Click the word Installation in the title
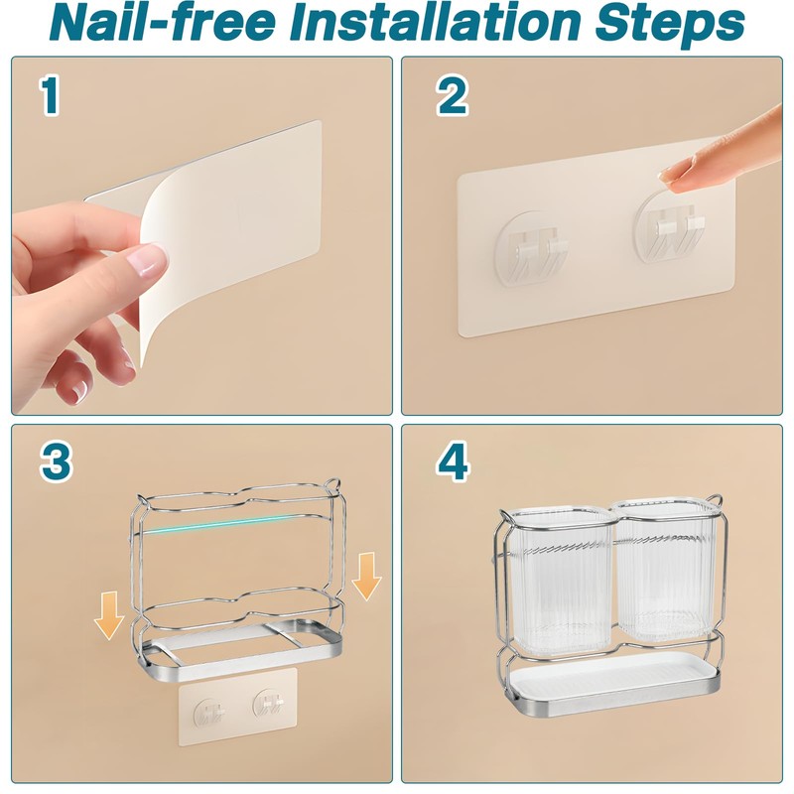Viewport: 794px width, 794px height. [x=436, y=22]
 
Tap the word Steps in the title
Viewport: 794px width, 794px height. [x=669, y=24]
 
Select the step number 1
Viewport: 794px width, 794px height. [x=50, y=95]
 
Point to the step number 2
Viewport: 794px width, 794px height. [x=453, y=95]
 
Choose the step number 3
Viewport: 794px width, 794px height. [x=56, y=463]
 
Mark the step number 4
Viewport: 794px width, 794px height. [x=453, y=463]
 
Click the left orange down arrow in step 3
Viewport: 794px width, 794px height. [x=109, y=615]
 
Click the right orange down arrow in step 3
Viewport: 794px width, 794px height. [x=366, y=577]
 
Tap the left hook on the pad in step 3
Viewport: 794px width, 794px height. [x=210, y=713]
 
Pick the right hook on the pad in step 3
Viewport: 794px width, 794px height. [x=268, y=703]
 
